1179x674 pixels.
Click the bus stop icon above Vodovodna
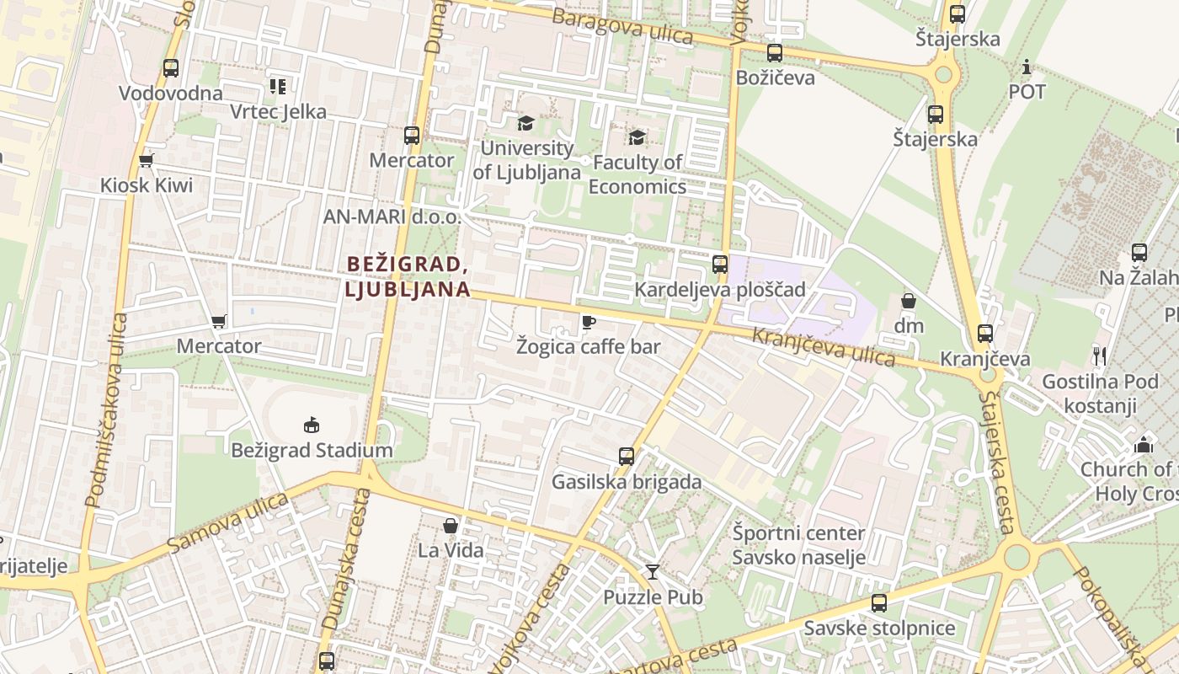pyautogui.click(x=171, y=68)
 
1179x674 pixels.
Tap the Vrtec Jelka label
pyautogui.click(x=278, y=112)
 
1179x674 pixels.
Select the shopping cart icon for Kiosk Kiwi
pyautogui.click(x=147, y=160)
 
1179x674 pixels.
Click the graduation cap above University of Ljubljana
pyautogui.click(x=525, y=123)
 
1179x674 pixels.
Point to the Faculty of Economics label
pyautogui.click(x=638, y=174)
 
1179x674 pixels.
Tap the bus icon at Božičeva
pyautogui.click(x=775, y=53)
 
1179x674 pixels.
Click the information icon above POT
pyautogui.click(x=1027, y=67)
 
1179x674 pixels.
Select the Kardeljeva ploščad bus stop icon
pyautogui.click(x=720, y=265)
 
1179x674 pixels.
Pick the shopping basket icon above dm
pyautogui.click(x=909, y=301)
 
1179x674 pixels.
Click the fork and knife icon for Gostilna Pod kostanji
pyautogui.click(x=1099, y=356)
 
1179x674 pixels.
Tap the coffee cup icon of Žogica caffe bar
pyautogui.click(x=588, y=322)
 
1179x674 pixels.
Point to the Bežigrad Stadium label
pyautogui.click(x=312, y=450)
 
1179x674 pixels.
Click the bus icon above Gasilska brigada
pyautogui.click(x=627, y=457)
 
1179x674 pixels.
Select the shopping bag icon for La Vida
pyautogui.click(x=451, y=526)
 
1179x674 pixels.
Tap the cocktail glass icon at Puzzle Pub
pyautogui.click(x=653, y=572)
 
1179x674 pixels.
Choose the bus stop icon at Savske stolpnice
pyautogui.click(x=879, y=603)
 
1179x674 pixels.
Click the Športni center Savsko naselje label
pyautogui.click(x=798, y=545)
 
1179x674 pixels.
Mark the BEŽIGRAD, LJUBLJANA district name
pyautogui.click(x=408, y=276)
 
